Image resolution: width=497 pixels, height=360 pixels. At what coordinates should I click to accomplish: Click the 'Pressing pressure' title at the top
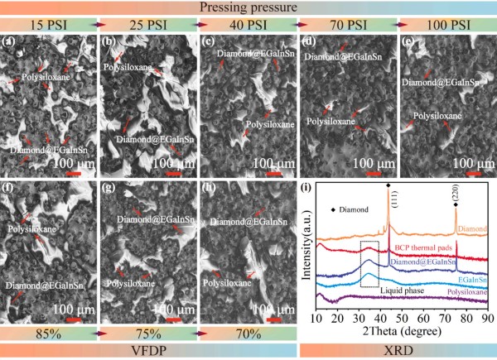click(248, 8)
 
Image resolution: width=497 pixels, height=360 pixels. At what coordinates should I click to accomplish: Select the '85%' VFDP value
click(49, 334)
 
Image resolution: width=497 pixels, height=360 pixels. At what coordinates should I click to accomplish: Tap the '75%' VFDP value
click(148, 334)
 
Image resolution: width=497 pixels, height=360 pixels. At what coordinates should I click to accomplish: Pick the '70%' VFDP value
click(248, 334)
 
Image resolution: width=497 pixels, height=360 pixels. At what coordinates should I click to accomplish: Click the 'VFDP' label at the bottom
click(148, 351)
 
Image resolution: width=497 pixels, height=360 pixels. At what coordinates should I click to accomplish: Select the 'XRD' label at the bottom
click(398, 351)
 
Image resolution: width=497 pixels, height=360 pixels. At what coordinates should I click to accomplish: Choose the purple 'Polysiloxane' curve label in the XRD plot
click(466, 292)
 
